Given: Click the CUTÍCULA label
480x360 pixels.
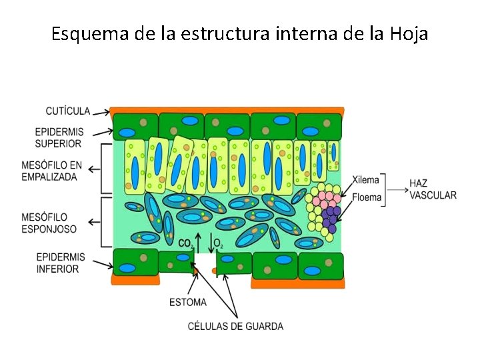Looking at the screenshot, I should pyautogui.click(x=67, y=111).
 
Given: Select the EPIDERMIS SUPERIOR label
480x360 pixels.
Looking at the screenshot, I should pyautogui.click(x=60, y=138).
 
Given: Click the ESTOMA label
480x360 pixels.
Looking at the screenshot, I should pyautogui.click(x=188, y=302).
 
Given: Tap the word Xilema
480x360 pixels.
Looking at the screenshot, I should pyautogui.click(x=365, y=180).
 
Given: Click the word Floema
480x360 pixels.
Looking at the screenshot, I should pyautogui.click(x=366, y=197).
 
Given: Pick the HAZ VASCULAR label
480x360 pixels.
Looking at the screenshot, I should pyautogui.click(x=433, y=189).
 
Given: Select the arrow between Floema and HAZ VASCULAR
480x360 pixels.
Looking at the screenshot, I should pyautogui.click(x=396, y=190).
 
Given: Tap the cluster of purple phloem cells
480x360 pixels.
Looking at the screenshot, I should pyautogui.click(x=331, y=217).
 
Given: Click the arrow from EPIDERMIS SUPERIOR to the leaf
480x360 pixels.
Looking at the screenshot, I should pyautogui.click(x=100, y=132).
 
